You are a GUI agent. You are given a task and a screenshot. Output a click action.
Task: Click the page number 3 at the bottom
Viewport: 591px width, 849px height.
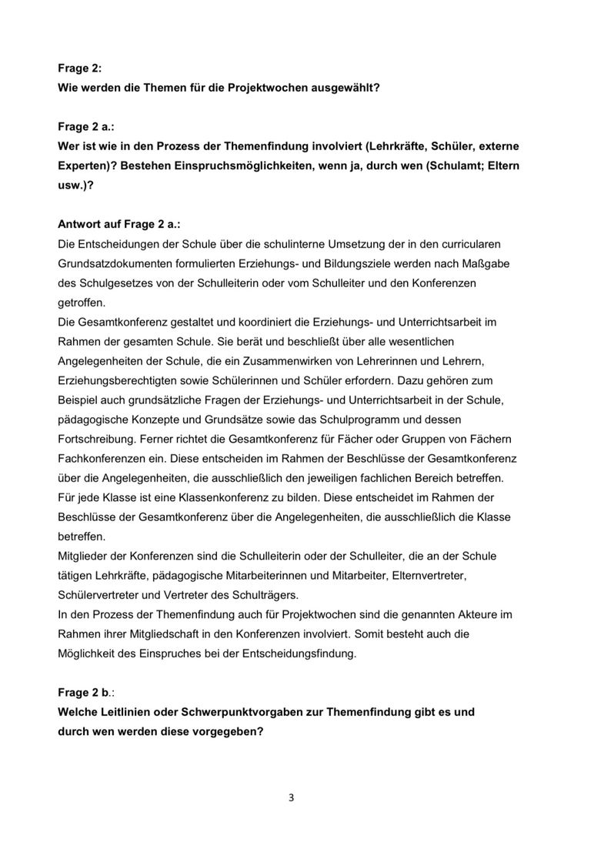click(x=292, y=797)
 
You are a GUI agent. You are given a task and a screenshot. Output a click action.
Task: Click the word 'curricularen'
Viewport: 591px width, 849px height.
click(x=468, y=244)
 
